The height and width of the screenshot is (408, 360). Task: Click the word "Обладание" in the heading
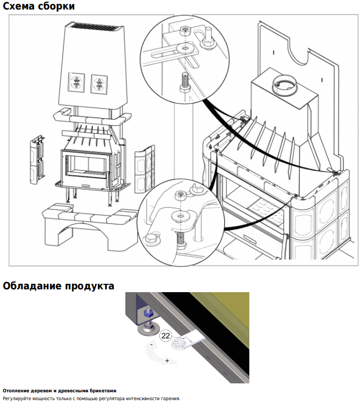pos(32,285)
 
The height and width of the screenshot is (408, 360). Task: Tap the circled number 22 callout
pos(165,335)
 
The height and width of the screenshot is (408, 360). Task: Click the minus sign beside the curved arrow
pos(151,345)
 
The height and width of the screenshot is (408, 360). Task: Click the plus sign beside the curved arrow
pos(167,360)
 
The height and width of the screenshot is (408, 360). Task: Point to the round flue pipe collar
pos(285,86)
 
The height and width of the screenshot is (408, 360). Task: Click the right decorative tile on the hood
pos(99,85)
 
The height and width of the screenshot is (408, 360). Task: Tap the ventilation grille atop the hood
pos(96,26)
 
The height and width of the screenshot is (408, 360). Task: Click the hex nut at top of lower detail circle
pos(180,195)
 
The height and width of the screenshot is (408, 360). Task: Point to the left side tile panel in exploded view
pos(37,160)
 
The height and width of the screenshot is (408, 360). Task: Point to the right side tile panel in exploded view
pos(145,169)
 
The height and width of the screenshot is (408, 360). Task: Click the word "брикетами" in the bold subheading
pos(103,391)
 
